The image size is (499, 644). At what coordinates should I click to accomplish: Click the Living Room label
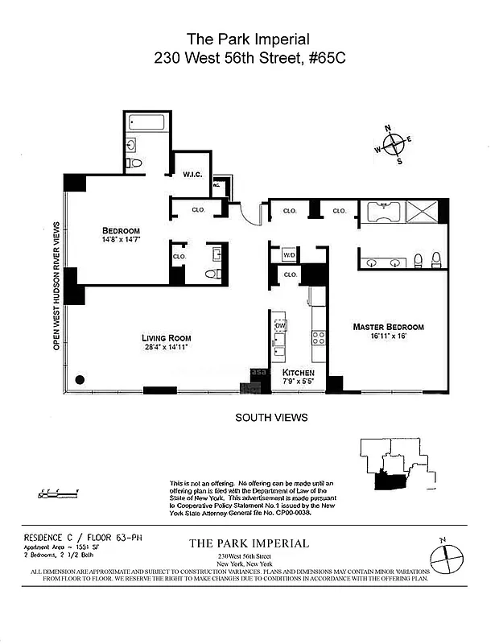(x=167, y=337)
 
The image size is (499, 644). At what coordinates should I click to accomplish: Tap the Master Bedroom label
(x=388, y=327)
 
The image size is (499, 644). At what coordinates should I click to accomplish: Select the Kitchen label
(x=298, y=373)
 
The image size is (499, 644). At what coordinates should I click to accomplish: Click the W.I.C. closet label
(x=192, y=174)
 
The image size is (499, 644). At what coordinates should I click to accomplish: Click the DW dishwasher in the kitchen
(x=281, y=325)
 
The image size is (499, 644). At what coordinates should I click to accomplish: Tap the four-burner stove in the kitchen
(x=318, y=338)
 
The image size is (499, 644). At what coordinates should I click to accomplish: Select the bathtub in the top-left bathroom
(x=147, y=124)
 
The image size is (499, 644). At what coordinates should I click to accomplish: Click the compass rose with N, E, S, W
(x=394, y=145)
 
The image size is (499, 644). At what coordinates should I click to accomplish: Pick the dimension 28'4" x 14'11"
(x=167, y=348)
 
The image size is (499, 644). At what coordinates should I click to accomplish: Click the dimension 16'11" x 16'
(x=388, y=337)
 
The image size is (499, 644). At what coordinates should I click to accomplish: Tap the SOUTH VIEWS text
(x=271, y=418)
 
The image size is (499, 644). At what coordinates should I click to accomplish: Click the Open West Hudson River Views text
(x=56, y=286)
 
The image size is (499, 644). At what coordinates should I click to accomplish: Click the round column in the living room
(x=79, y=379)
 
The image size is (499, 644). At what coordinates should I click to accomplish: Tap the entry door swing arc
(x=251, y=216)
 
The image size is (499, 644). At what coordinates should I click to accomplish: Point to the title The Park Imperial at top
(x=248, y=38)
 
